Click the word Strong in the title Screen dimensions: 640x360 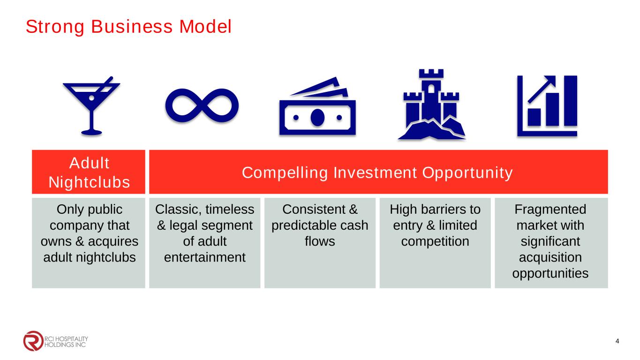click(x=55, y=27)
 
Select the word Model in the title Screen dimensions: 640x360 click(x=205, y=27)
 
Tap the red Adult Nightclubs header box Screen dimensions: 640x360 click(x=89, y=172)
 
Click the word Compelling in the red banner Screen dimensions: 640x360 click(x=285, y=173)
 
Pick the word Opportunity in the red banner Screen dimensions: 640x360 click(x=467, y=173)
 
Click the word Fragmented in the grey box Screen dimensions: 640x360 click(x=550, y=210)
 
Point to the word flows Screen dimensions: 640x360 click(x=320, y=241)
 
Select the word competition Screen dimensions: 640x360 click(x=435, y=242)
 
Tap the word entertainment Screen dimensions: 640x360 click(x=204, y=257)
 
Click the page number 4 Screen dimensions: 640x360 click(x=617, y=341)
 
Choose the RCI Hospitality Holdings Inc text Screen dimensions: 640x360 click(x=66, y=342)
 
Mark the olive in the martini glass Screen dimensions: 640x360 click(x=92, y=98)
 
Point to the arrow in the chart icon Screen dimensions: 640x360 click(x=542, y=89)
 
